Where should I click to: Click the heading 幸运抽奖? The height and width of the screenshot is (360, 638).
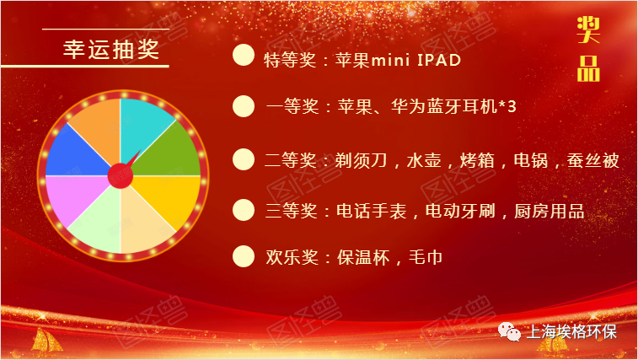(111, 49)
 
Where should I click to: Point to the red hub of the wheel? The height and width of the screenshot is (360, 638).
(120, 176)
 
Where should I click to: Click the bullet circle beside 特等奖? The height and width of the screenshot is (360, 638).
(244, 55)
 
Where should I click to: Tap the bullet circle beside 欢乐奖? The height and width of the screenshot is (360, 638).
(244, 256)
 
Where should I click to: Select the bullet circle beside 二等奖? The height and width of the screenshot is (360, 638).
(244, 159)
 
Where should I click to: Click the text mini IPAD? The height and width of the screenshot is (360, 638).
(416, 60)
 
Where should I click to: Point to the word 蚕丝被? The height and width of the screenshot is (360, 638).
(592, 160)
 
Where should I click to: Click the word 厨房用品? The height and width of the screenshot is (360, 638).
(550, 211)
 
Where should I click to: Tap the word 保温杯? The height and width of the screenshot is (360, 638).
(363, 257)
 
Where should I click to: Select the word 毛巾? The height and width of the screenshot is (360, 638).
(426, 257)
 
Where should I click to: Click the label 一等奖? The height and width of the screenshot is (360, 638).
(292, 107)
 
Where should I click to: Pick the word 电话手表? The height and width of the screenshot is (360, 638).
(371, 211)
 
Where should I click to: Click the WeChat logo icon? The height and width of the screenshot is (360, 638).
(509, 331)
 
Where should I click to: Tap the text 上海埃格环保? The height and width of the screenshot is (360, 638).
(571, 332)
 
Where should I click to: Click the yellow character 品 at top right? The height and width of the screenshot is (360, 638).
(588, 68)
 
